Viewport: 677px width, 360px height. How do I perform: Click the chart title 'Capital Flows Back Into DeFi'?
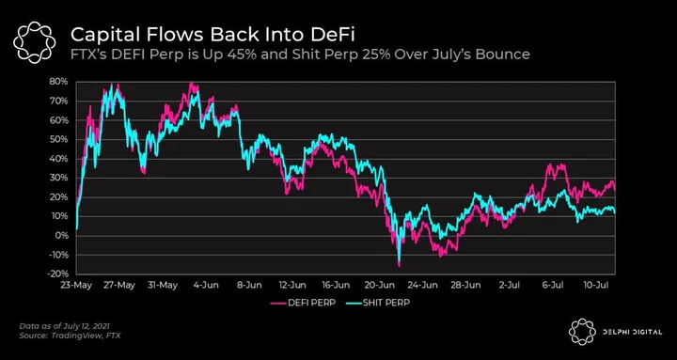coord(213,35)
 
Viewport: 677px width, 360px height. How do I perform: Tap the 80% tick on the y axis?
coord(59,82)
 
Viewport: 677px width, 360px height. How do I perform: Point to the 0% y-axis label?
coord(62,236)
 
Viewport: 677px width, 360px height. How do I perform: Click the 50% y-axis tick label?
coord(59,139)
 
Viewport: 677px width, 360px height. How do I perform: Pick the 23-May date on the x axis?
coord(76,285)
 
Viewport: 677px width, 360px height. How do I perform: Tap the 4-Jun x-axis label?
coord(207,285)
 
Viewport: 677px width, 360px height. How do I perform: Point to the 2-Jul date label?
coord(510,285)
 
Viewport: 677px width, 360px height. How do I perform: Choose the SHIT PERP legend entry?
coord(378,303)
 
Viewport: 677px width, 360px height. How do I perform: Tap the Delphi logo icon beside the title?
coord(35,42)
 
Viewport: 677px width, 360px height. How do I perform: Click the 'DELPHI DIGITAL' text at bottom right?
coord(632,332)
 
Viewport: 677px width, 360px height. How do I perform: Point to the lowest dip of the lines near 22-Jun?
coord(399,266)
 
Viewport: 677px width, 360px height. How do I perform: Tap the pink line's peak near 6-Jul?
coord(549,164)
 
